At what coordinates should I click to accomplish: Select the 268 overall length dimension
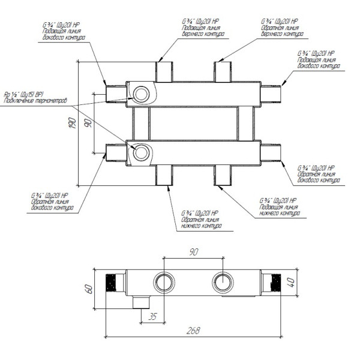[193, 331]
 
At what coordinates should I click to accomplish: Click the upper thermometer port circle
[142, 94]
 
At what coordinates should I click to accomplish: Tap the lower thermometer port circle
[142, 152]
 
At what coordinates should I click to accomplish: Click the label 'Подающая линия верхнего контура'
[202, 28]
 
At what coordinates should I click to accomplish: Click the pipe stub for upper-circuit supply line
[164, 71]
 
